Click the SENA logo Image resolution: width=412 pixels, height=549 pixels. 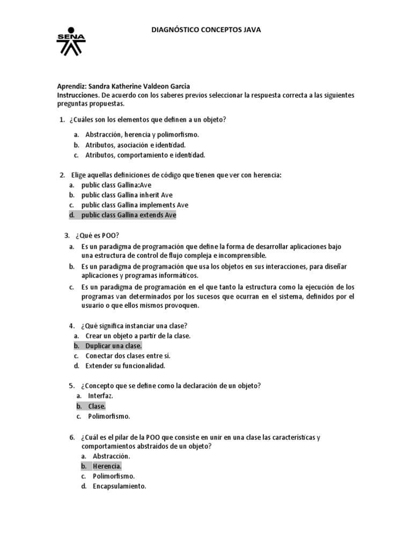(70, 42)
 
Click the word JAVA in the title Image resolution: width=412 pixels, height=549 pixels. (251, 31)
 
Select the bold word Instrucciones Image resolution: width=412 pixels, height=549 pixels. (77, 95)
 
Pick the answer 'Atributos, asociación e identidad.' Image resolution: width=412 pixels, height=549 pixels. (135, 145)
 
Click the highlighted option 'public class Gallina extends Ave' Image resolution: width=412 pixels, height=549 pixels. (128, 215)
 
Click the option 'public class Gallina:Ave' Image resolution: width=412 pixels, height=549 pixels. (116, 184)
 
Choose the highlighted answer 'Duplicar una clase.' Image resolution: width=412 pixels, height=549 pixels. (113, 346)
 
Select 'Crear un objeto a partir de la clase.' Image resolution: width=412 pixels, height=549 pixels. (138, 336)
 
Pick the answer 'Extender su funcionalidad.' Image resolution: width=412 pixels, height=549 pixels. (125, 366)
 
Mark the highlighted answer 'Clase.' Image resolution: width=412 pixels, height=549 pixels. (97, 406)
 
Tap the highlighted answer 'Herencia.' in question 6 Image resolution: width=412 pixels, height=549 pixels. (107, 466)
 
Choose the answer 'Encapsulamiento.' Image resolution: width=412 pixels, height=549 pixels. (119, 486)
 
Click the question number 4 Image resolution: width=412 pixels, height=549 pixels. (71, 325)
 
